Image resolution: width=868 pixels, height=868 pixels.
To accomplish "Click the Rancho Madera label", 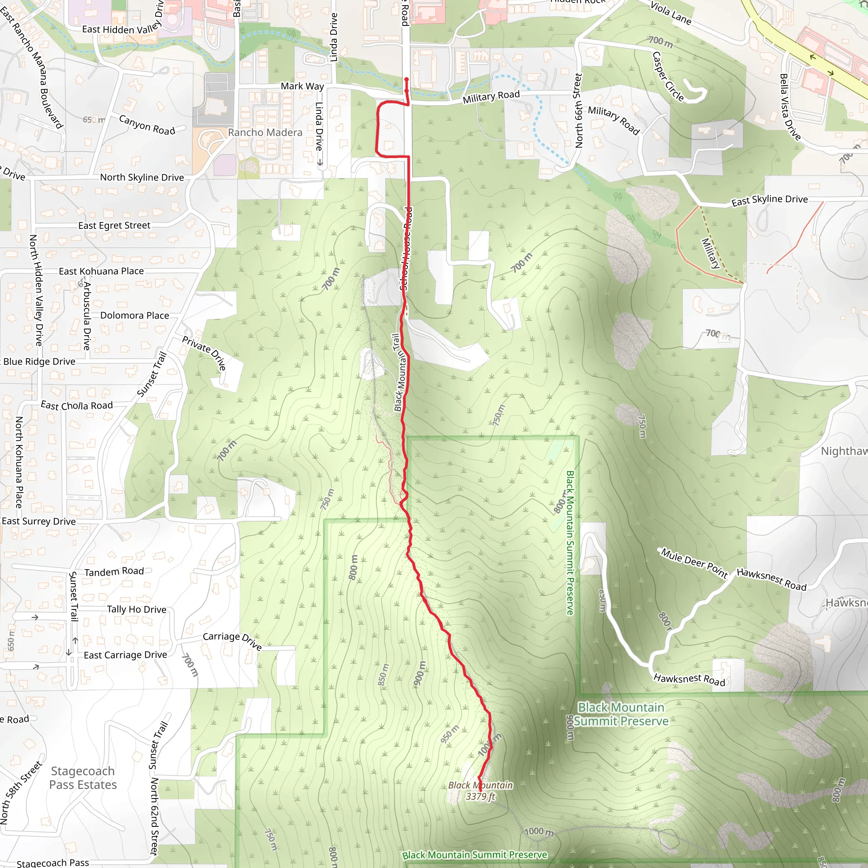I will (265, 133).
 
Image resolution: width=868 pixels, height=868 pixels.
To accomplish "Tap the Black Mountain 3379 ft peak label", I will (480, 791).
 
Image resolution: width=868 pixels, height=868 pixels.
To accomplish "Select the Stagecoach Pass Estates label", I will (83, 778).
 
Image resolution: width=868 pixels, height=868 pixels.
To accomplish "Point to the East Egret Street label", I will (114, 225).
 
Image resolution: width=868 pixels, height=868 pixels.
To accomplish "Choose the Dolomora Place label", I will (134, 315).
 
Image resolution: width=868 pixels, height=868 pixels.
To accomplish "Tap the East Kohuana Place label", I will (101, 271).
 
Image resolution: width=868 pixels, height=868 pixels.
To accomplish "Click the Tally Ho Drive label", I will (136, 609).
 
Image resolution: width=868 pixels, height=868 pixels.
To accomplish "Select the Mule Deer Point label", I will (694, 563).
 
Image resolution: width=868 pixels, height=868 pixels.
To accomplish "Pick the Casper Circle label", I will (668, 77).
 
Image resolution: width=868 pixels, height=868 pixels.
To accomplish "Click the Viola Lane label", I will (670, 13).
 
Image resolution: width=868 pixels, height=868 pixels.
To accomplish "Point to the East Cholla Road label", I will (76, 405).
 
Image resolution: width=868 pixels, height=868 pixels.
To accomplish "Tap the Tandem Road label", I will (114, 571).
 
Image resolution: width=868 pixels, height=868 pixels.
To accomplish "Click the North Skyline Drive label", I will (142, 178).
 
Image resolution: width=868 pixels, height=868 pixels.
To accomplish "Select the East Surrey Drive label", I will (39, 521).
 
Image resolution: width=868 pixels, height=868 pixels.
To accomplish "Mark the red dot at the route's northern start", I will (406, 80).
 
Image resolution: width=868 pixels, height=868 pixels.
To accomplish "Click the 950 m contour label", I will (449, 734).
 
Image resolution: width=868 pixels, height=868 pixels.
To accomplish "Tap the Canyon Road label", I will (147, 125).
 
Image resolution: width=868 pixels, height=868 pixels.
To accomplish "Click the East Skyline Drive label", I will (769, 200).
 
